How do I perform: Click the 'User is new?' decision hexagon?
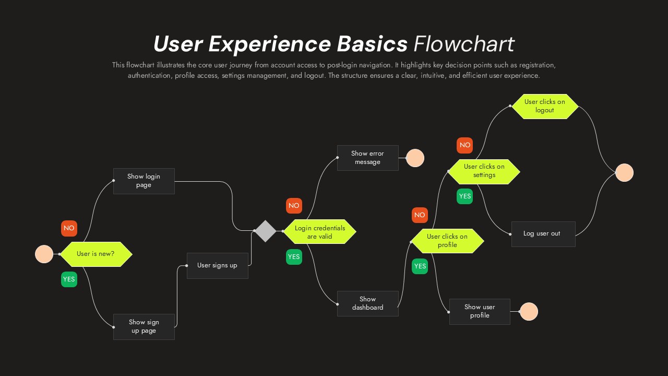coord(96,254)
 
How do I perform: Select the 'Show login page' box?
coord(144,181)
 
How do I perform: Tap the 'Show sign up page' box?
coord(144,326)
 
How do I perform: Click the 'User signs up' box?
coord(217,265)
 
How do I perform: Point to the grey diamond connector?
coord(265,231)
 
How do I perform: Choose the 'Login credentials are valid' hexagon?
coord(319,232)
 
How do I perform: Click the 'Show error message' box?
coord(367,158)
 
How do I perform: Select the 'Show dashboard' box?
coord(367,303)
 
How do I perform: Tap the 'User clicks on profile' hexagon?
coord(447,241)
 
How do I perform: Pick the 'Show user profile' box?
coord(480,311)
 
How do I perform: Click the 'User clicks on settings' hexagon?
coord(484,171)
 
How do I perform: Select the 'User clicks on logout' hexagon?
coord(544,107)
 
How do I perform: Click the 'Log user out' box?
coord(543,234)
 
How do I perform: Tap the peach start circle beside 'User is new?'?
coord(44,254)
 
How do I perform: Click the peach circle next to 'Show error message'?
coord(415,158)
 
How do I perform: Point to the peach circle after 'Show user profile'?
coord(529,311)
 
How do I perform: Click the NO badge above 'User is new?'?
coord(69,228)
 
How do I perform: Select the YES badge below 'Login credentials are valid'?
coord(294,257)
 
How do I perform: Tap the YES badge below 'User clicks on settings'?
coord(464,196)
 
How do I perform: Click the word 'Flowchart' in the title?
coord(463,44)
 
